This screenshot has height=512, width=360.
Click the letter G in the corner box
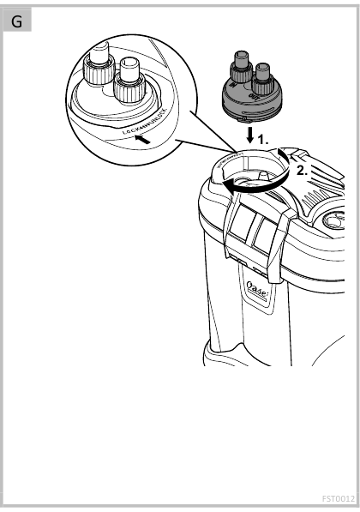[17, 21]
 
